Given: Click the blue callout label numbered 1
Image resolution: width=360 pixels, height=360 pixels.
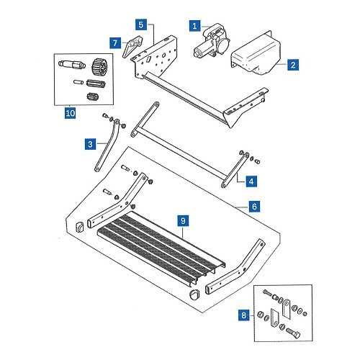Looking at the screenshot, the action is [x=194, y=26].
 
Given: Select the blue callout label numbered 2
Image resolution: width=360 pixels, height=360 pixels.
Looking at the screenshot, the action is [x=293, y=65].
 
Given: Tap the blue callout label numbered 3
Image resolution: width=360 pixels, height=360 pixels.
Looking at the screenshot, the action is [x=90, y=144].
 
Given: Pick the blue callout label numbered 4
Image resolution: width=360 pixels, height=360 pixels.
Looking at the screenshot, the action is [x=251, y=181].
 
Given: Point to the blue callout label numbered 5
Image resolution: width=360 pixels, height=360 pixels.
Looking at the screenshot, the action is [x=141, y=24].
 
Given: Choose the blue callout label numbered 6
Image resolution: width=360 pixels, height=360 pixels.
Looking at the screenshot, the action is [x=254, y=206].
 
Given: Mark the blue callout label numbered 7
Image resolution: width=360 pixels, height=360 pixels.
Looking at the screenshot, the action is [x=115, y=43].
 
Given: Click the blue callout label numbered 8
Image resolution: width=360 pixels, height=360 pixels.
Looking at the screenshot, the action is [x=244, y=315].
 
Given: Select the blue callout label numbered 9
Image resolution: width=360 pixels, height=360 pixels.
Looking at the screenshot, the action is [x=183, y=220].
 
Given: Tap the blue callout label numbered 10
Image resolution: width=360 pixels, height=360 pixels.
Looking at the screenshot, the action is [x=71, y=113].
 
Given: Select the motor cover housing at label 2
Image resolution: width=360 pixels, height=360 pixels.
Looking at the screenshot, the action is [x=256, y=54].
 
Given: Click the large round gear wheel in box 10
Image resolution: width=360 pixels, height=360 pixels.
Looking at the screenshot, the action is [x=99, y=68].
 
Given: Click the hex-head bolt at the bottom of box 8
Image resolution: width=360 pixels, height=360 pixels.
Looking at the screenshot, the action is [x=293, y=333].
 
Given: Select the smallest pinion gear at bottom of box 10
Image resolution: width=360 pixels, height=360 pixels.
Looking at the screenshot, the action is [x=92, y=96].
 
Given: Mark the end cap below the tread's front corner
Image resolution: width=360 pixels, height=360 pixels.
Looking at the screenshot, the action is [x=194, y=294].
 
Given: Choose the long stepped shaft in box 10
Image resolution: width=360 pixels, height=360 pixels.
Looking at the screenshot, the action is [x=72, y=64].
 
